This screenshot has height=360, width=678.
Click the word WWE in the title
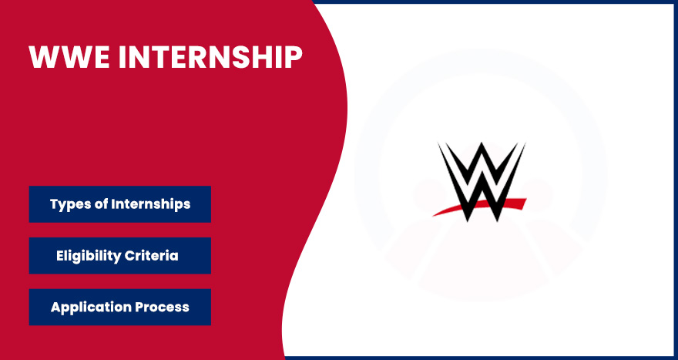(69, 57)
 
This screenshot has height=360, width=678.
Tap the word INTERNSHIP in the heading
(210, 57)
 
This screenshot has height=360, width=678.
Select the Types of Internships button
(119, 204)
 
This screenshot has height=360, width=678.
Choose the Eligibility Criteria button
(119, 256)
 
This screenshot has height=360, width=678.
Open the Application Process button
(119, 308)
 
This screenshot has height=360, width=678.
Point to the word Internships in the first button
(150, 204)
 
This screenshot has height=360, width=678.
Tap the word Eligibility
(88, 256)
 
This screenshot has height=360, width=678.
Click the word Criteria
(151, 255)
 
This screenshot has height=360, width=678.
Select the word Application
(91, 308)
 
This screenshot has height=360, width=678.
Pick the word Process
(162, 308)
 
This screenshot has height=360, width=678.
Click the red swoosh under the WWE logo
(479, 207)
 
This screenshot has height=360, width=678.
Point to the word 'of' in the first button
(100, 204)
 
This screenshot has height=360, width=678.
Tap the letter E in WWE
(102, 57)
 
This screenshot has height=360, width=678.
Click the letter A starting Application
(55, 307)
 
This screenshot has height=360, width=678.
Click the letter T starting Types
(55, 204)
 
